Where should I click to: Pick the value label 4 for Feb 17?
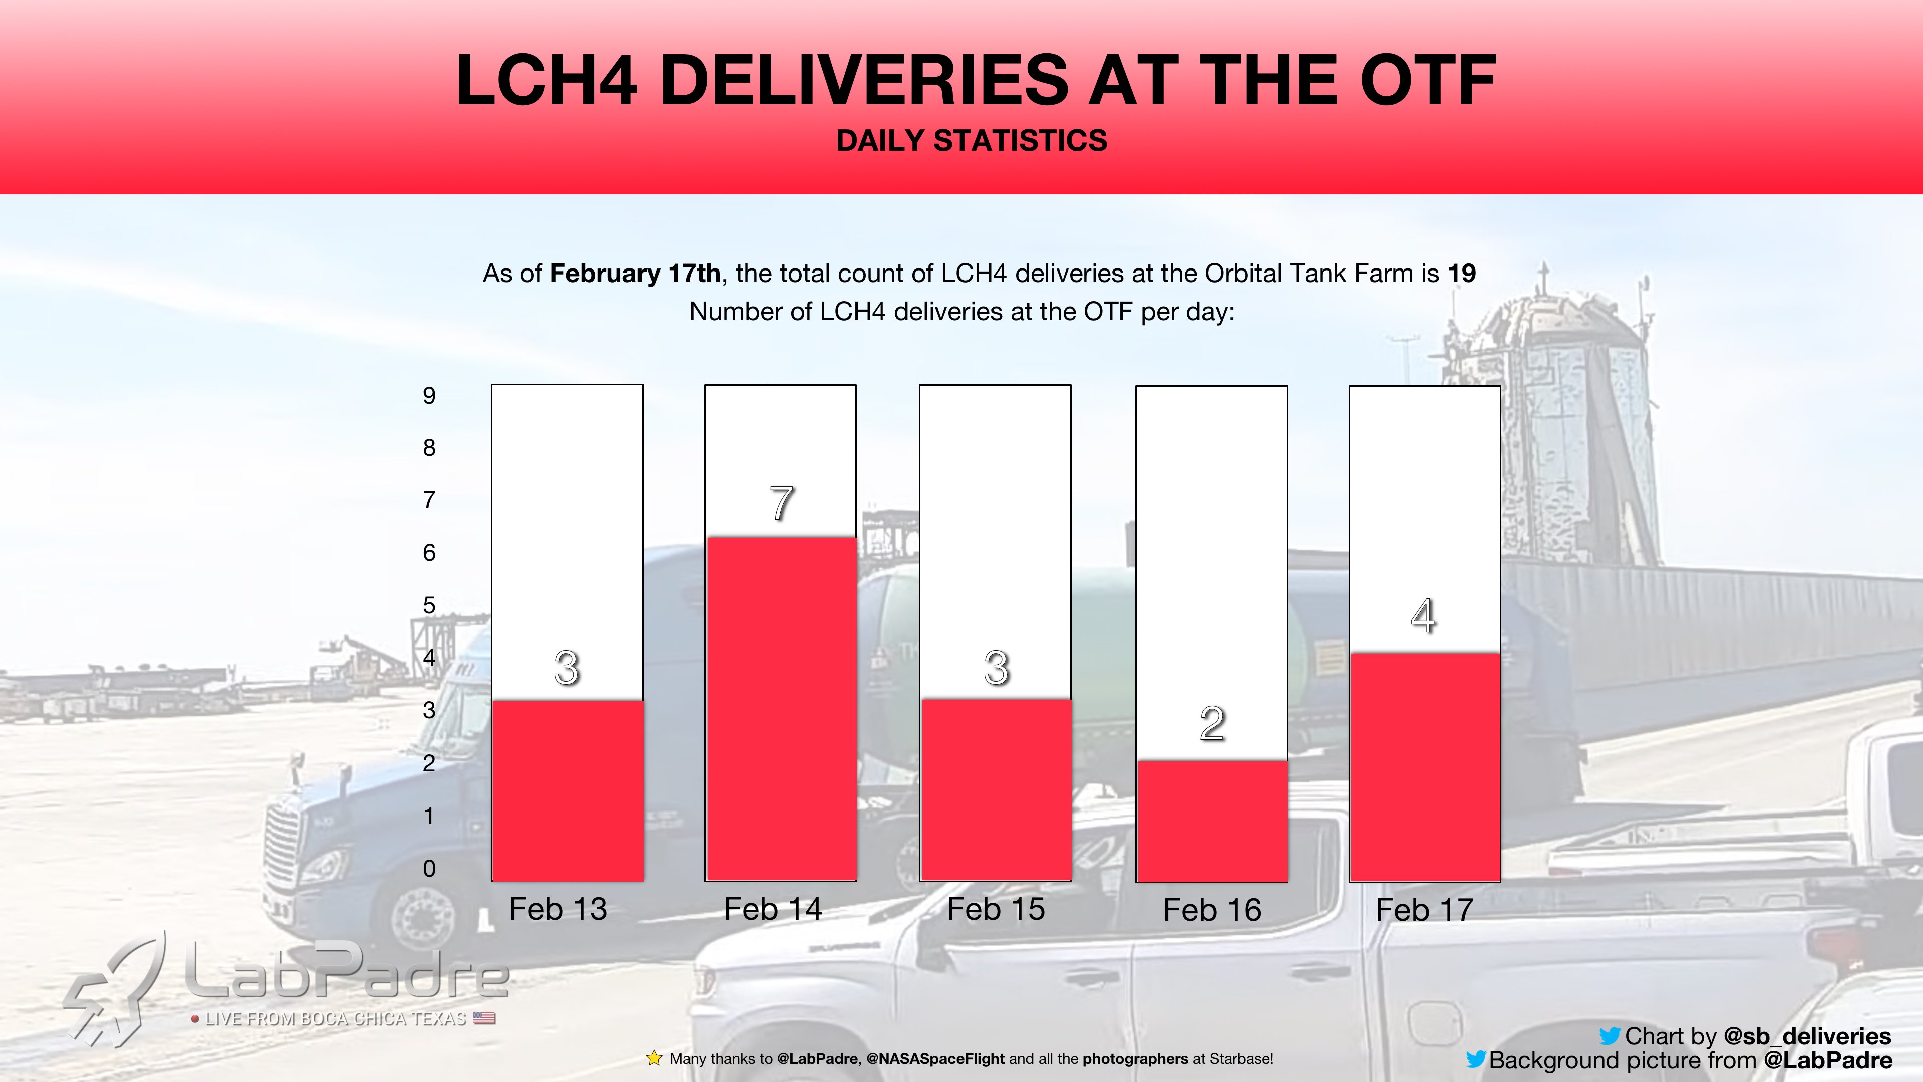click(x=1423, y=616)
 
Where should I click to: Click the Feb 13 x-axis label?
click(x=558, y=909)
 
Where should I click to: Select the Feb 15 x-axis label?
click(x=996, y=909)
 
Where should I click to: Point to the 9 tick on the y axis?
click(x=429, y=396)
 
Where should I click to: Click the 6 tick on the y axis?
click(x=429, y=553)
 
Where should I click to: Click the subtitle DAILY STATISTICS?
click(x=971, y=140)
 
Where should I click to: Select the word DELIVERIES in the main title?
click(x=864, y=80)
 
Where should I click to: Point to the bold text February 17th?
click(x=634, y=274)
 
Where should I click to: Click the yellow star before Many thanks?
click(x=654, y=1058)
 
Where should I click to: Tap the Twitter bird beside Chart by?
click(x=1610, y=1036)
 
